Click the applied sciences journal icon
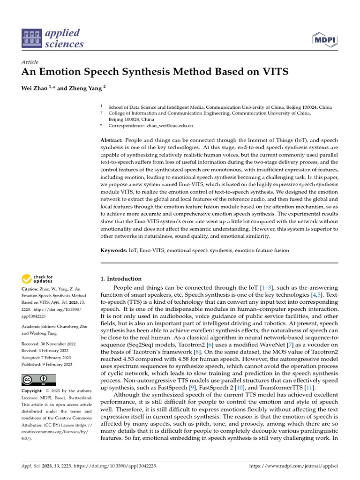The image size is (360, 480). [31, 38]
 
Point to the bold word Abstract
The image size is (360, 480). [112, 141]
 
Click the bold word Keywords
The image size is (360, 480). [114, 250]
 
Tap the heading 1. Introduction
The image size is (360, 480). [121, 278]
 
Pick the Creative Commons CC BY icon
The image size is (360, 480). [39, 379]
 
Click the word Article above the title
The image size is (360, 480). [30, 62]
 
